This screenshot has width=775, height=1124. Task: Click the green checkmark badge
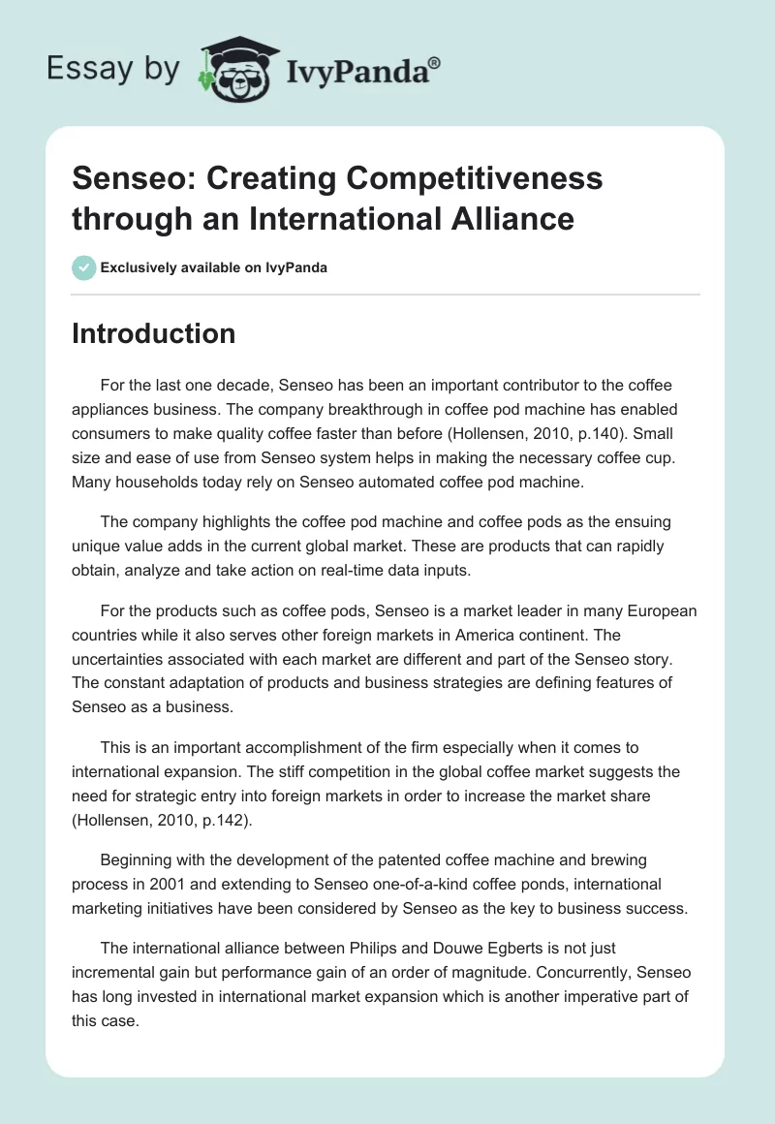point(84,267)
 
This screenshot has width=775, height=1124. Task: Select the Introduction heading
point(154,333)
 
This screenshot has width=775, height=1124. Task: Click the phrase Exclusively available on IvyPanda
point(214,267)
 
